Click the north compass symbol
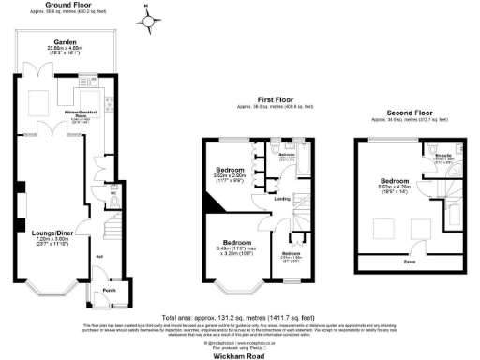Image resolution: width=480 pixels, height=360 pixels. pyautogui.click(x=146, y=17)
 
